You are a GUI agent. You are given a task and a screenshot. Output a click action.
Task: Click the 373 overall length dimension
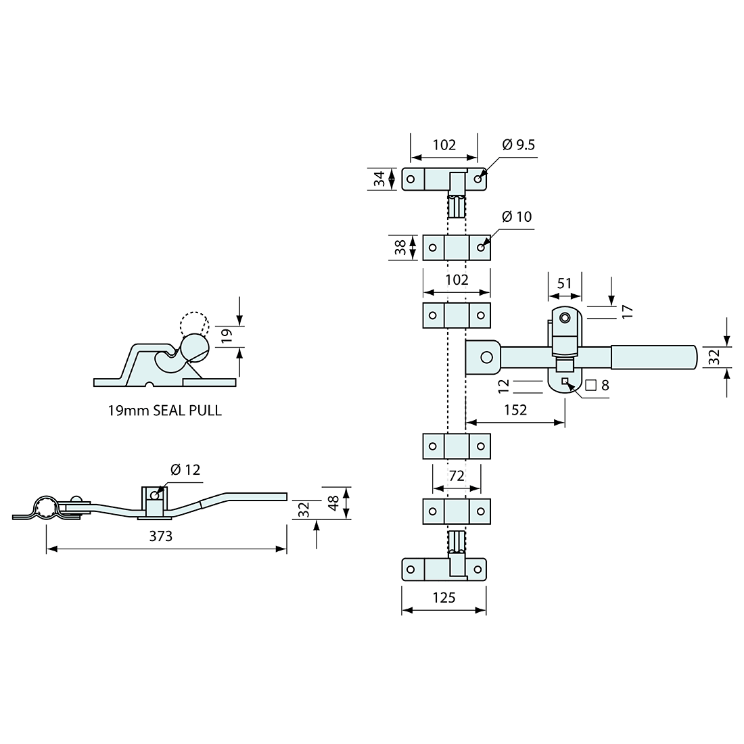point(161,536)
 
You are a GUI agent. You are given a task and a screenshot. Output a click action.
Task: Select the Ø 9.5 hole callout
point(519,145)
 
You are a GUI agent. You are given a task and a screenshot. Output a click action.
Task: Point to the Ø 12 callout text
point(185,469)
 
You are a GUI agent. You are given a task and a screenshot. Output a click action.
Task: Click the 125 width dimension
point(444,597)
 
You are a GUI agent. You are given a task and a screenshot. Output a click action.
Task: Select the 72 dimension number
point(457,476)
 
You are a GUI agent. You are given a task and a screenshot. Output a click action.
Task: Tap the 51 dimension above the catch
point(564,283)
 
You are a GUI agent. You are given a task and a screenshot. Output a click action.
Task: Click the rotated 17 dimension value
point(627,311)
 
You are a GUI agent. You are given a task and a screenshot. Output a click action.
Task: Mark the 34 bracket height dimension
point(380,179)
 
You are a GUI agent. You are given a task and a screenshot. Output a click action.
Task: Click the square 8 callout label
point(597,386)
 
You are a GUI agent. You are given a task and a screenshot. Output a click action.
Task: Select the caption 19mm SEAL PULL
point(164,411)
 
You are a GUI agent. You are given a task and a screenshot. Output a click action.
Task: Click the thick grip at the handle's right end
point(653,357)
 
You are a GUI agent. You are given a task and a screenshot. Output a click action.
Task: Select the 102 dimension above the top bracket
point(444,145)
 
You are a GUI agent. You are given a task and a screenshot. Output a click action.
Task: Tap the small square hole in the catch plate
point(565,381)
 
